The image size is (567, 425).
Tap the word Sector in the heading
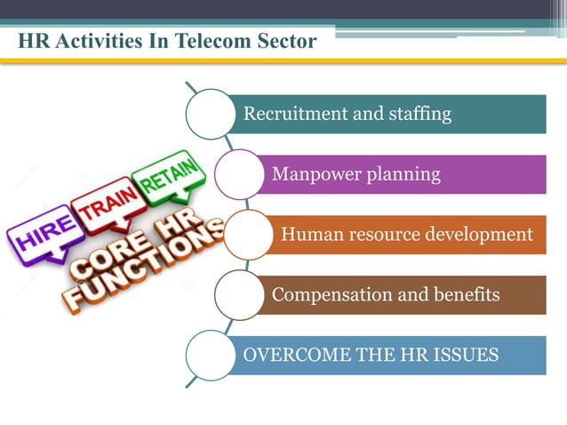coord(290,42)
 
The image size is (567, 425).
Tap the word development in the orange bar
coord(480,235)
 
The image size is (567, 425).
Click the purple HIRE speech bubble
coord(41,237)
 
